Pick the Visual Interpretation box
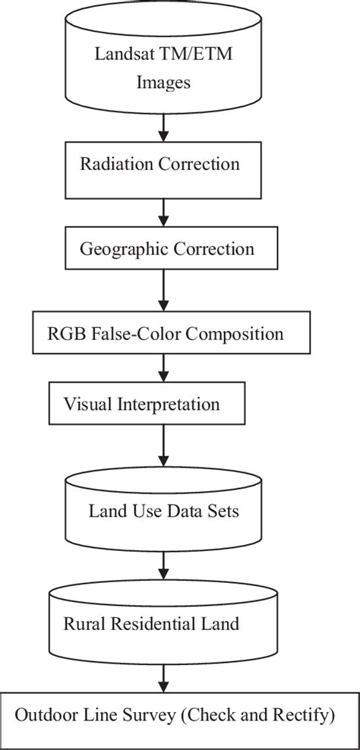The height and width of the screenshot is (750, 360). pyautogui.click(x=147, y=404)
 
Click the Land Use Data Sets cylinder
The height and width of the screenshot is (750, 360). pyautogui.click(x=163, y=511)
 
